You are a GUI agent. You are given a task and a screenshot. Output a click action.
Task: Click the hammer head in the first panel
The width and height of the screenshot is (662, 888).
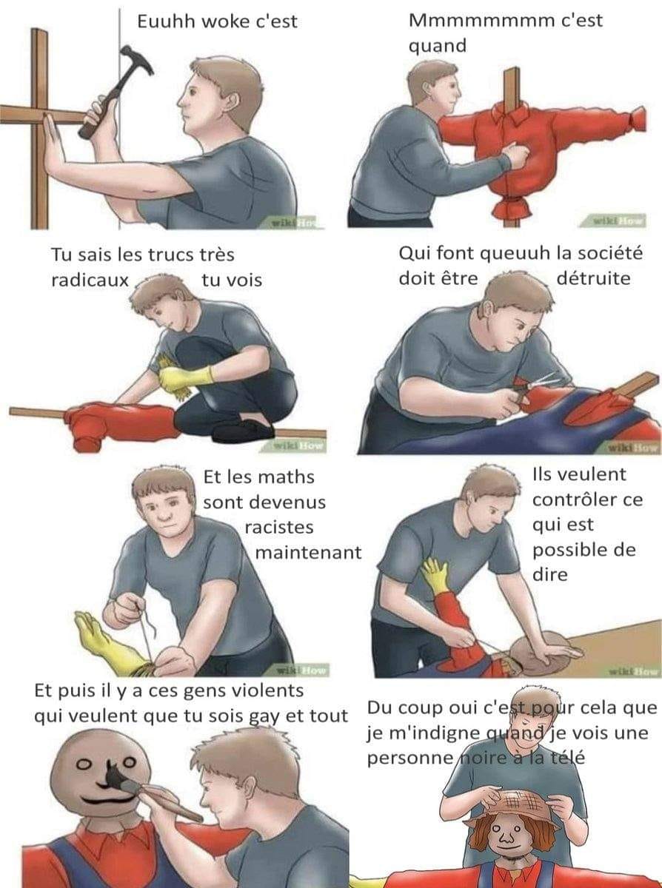137,59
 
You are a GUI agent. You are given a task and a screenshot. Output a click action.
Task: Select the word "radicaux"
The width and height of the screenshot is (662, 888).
90,280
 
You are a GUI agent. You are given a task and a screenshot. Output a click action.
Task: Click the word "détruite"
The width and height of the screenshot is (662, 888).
593,278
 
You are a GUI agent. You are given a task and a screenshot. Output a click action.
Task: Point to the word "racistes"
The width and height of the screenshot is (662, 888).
279,527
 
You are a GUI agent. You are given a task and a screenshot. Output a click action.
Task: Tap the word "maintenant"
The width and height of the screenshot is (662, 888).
308,553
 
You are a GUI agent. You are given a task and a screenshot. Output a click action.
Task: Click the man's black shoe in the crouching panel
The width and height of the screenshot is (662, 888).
243,431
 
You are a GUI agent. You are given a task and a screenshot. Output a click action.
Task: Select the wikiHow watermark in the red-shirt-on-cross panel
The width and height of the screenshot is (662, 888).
619,220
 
